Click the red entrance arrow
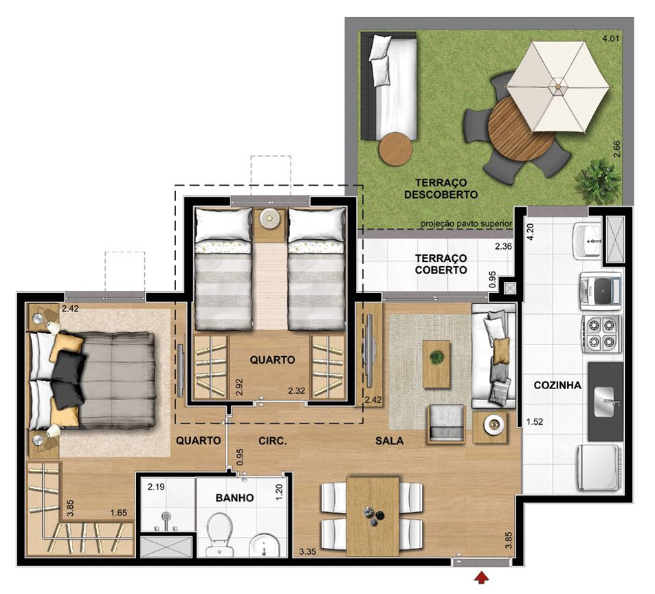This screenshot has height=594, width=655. [x=482, y=575]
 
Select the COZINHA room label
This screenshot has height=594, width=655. [x=557, y=385]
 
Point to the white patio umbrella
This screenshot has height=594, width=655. [x=558, y=86]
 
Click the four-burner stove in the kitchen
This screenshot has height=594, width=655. [x=601, y=333]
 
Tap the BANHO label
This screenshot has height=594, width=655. [x=234, y=498]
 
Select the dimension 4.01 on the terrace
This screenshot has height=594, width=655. [x=610, y=38]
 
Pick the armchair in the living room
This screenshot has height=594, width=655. [x=446, y=422]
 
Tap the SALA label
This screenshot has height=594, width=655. [x=389, y=441]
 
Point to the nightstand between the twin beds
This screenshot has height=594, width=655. [x=269, y=219]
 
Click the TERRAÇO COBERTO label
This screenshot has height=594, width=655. [x=441, y=264]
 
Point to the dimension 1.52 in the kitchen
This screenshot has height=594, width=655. [x=534, y=422]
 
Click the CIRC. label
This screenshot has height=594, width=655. [x=272, y=441]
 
